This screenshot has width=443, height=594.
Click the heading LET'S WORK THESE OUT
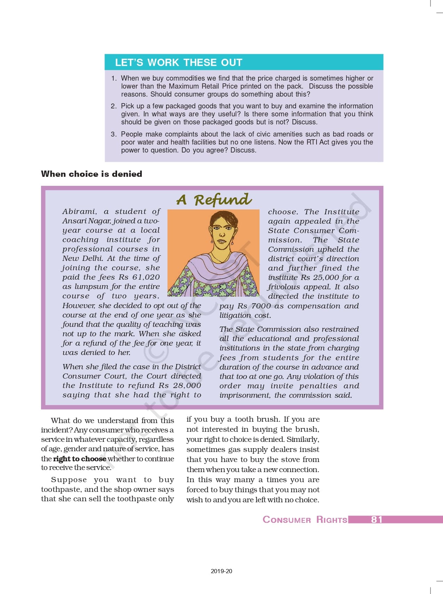pos(179,63)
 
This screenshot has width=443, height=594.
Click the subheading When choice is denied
pos(91,174)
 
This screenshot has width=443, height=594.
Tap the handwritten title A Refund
pos(214,200)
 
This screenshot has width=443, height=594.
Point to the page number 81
pos(377,519)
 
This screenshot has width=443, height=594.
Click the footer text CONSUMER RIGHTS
pos(305,520)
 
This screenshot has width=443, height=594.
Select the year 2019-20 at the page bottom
pos(221,571)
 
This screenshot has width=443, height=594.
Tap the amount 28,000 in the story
pos(187,386)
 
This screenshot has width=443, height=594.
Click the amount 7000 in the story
pos(261,306)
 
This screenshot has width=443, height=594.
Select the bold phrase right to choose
pos(80,459)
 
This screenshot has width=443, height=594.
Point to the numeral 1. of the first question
pos(114,79)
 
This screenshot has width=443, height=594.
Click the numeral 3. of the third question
pos(114,134)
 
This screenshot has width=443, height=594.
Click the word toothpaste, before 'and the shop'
pos(61,489)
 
